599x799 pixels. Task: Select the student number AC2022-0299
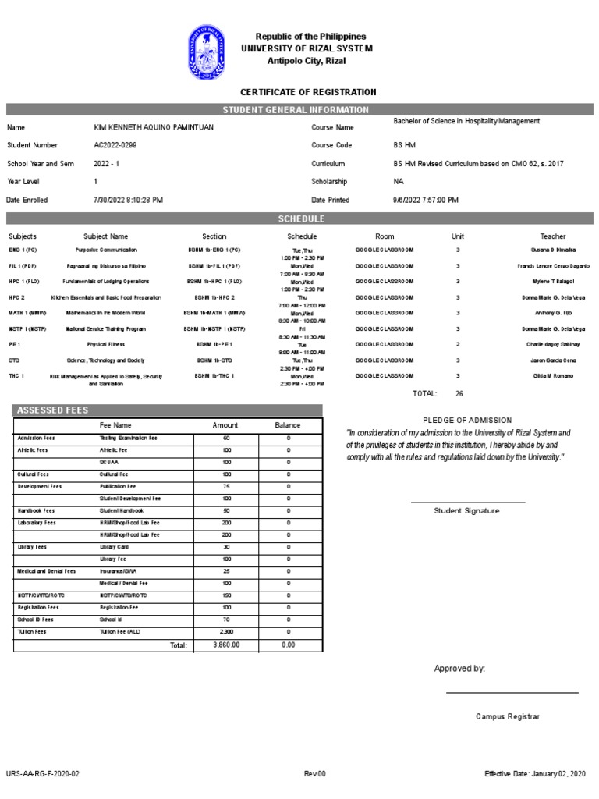pos(117,145)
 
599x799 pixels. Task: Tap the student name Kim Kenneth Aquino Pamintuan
pos(153,127)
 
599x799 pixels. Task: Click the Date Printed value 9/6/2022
pos(426,200)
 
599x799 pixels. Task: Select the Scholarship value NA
pos(399,181)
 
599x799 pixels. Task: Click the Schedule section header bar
pos(301,218)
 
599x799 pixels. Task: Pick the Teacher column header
pos(553,236)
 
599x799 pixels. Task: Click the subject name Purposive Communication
pos(106,250)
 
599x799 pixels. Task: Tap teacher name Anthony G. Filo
pos(553,313)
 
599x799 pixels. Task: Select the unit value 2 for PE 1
pos(458,344)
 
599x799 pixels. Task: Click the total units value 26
pos(459,393)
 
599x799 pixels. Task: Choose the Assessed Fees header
pos(54,410)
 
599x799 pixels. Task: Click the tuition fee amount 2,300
pos(225,631)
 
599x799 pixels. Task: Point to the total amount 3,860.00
pos(226,645)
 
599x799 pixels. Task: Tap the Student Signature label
pos(467,510)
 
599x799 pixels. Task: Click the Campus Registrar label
pos(508,716)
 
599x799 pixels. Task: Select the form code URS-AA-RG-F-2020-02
pos(42,773)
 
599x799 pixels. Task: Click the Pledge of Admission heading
pos(467,420)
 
